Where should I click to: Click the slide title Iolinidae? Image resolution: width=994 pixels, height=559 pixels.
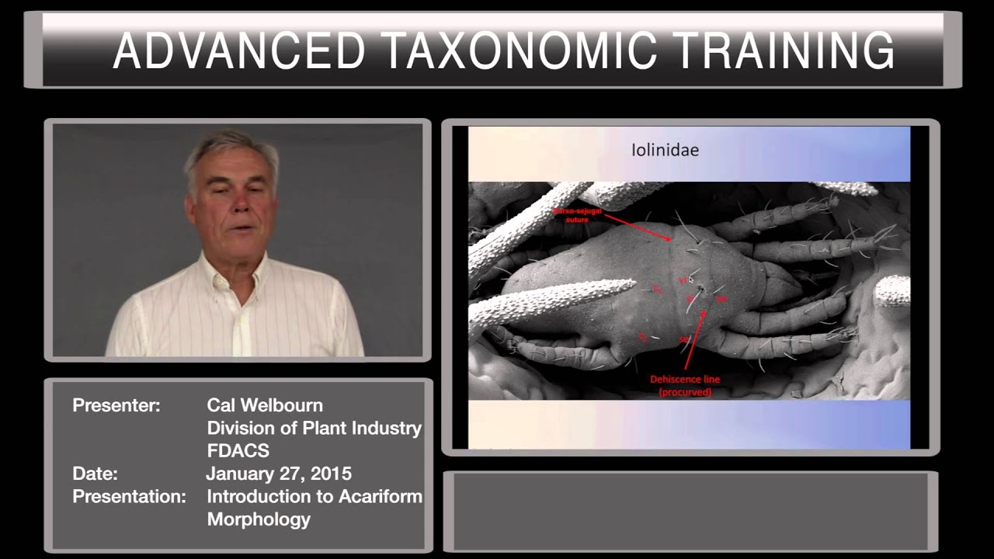point(665,150)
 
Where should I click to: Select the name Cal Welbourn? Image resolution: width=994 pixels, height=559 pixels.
point(265,405)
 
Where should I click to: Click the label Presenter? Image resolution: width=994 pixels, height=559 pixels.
point(116,405)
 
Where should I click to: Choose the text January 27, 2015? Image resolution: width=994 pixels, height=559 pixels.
point(279,474)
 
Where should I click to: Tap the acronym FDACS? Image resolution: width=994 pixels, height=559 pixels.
point(238,451)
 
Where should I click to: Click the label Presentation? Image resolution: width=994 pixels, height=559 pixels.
point(129,496)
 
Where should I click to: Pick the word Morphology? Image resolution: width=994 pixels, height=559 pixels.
point(259,519)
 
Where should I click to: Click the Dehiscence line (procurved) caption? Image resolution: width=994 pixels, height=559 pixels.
point(685,385)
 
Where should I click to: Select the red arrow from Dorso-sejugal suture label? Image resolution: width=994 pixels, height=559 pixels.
point(637,228)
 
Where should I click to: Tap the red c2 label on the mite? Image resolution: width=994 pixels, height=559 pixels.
point(643,336)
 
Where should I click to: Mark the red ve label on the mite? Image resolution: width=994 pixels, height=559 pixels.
point(684,280)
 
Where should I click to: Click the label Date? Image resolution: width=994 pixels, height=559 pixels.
point(95,474)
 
